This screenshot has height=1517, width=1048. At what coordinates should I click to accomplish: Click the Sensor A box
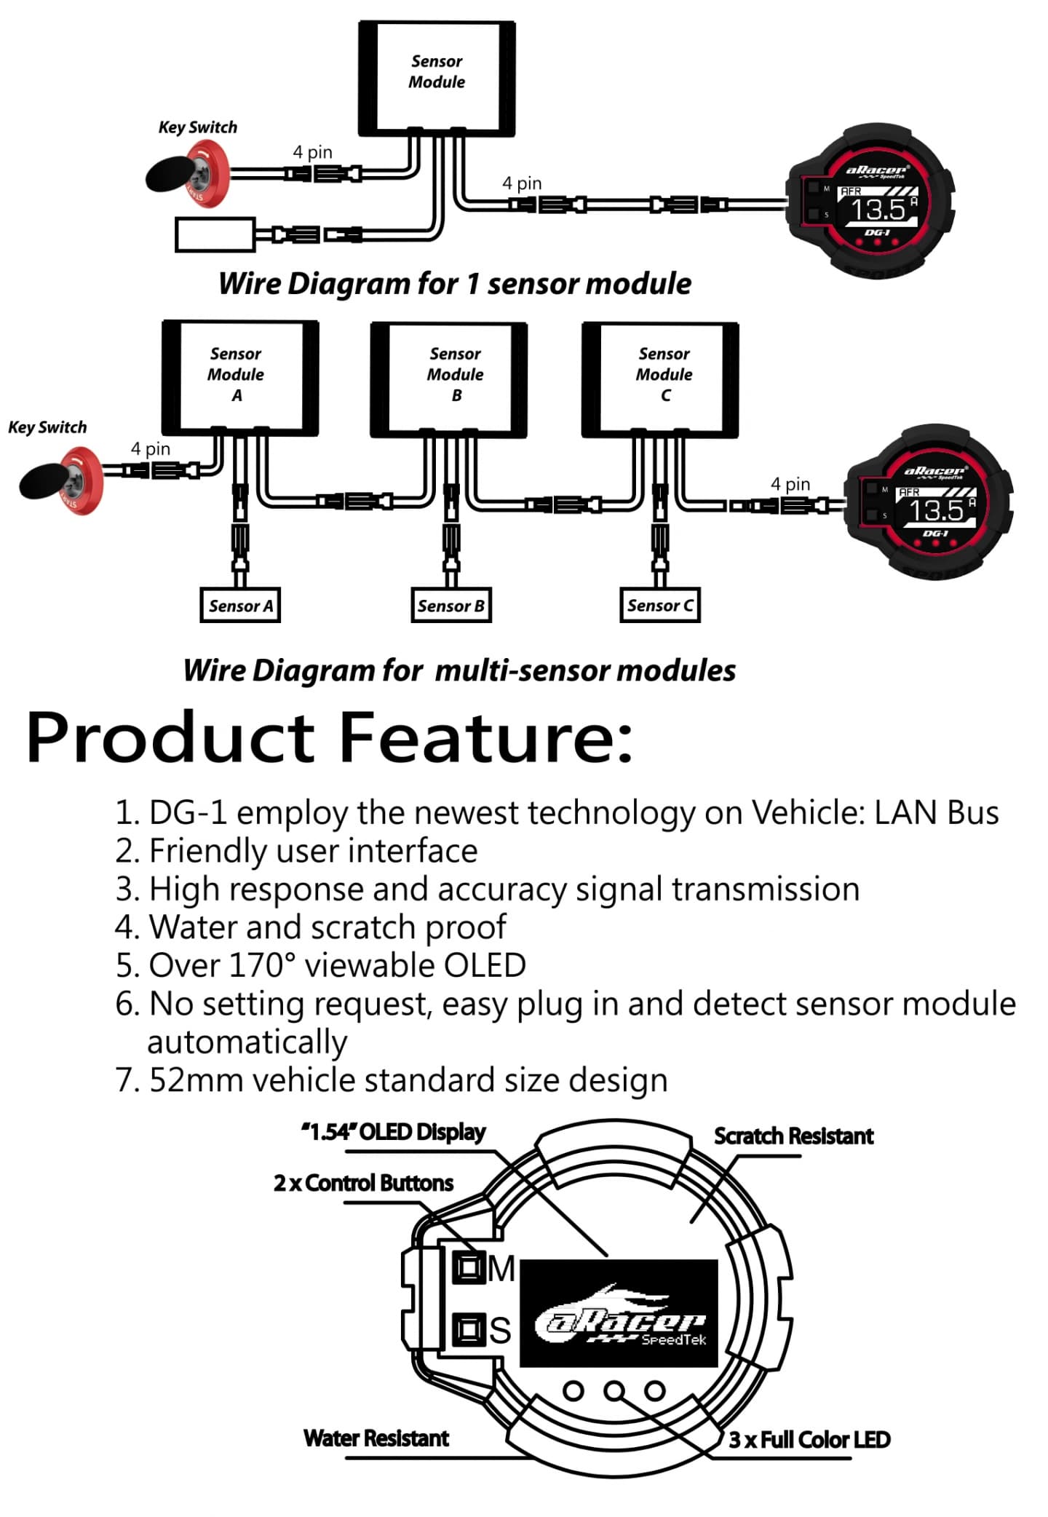[240, 606]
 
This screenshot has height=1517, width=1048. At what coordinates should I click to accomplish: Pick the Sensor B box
[450, 606]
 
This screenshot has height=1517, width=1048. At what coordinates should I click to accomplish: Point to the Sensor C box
[659, 606]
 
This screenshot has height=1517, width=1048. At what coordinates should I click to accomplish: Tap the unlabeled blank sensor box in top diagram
[215, 234]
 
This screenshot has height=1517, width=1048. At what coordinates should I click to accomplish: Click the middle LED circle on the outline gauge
[614, 1391]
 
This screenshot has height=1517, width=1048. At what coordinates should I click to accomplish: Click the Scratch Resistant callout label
[793, 1136]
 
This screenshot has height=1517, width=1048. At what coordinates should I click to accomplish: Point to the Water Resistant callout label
[376, 1438]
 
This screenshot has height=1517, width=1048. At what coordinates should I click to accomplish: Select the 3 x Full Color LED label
[809, 1439]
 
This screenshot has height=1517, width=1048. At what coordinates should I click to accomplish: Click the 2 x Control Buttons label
[363, 1183]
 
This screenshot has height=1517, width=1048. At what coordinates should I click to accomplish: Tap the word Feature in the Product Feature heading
[486, 737]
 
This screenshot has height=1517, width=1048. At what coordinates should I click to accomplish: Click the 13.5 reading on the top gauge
[878, 210]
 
